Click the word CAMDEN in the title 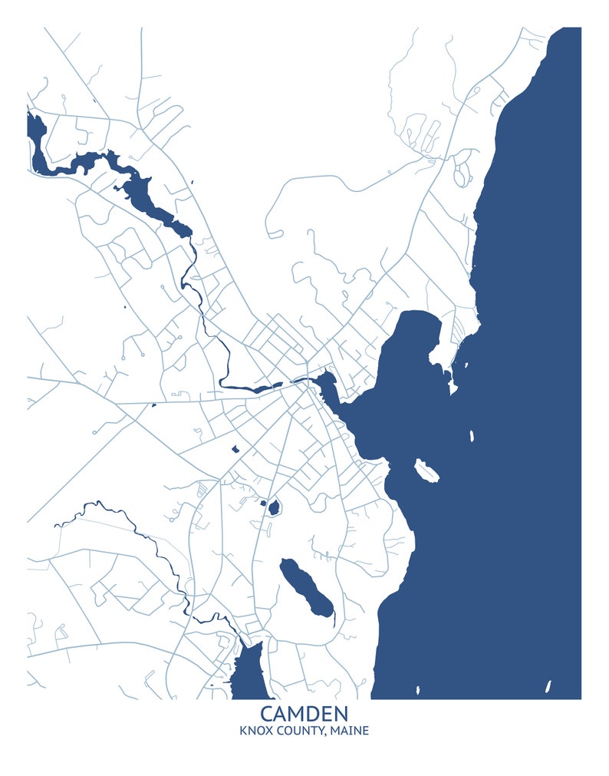(304, 714)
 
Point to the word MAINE (350, 730)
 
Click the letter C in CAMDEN (267, 714)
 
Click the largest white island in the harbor (426, 470)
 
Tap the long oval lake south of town (306, 588)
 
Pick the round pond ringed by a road (273, 507)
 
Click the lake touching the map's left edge (35, 130)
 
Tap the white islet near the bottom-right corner (548, 686)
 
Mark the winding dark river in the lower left (146, 537)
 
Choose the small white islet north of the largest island (471, 436)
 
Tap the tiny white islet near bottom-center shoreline (418, 689)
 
